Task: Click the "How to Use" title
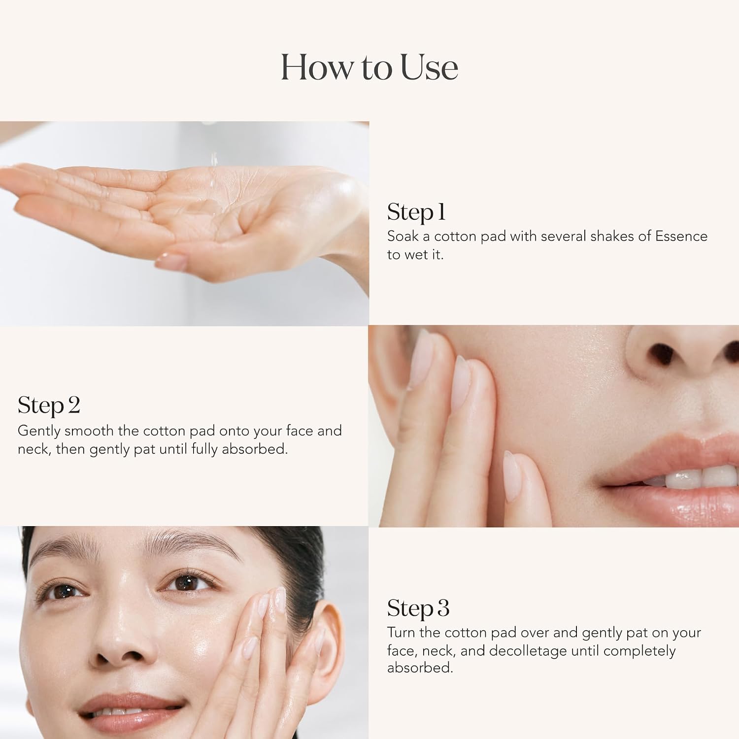point(369,67)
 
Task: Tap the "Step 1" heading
point(416,212)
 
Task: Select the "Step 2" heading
point(49,406)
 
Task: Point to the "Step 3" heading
point(418,608)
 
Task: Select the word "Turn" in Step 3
point(402,633)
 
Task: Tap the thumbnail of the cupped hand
point(184,224)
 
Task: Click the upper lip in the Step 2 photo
point(680,451)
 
